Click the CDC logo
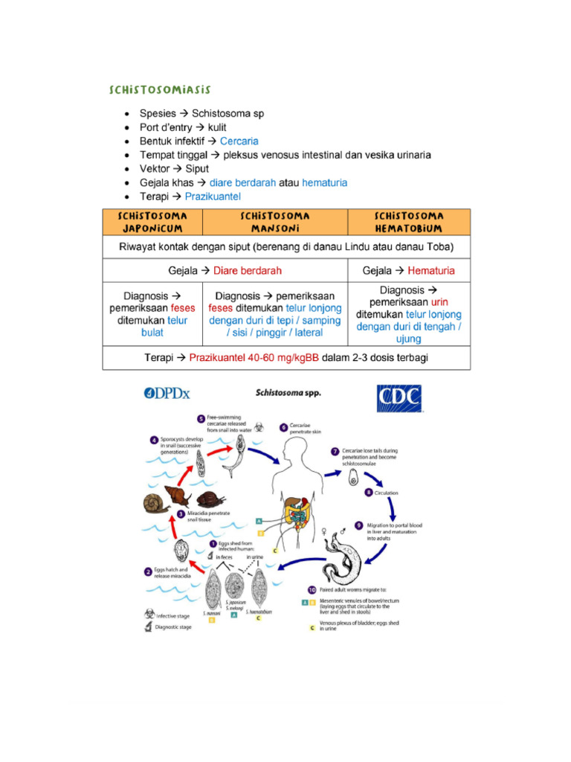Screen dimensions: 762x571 click(399, 399)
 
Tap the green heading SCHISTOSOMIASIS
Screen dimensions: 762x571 click(160, 90)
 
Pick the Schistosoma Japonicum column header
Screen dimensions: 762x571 click(152, 222)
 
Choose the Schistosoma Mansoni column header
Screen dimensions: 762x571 click(275, 222)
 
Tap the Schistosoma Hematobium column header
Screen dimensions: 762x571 click(409, 222)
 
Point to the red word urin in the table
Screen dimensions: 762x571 click(440, 302)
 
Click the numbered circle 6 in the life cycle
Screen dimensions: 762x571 click(283, 427)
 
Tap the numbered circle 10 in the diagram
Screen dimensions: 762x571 click(312, 590)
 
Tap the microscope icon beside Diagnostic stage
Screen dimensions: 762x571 click(149, 627)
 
